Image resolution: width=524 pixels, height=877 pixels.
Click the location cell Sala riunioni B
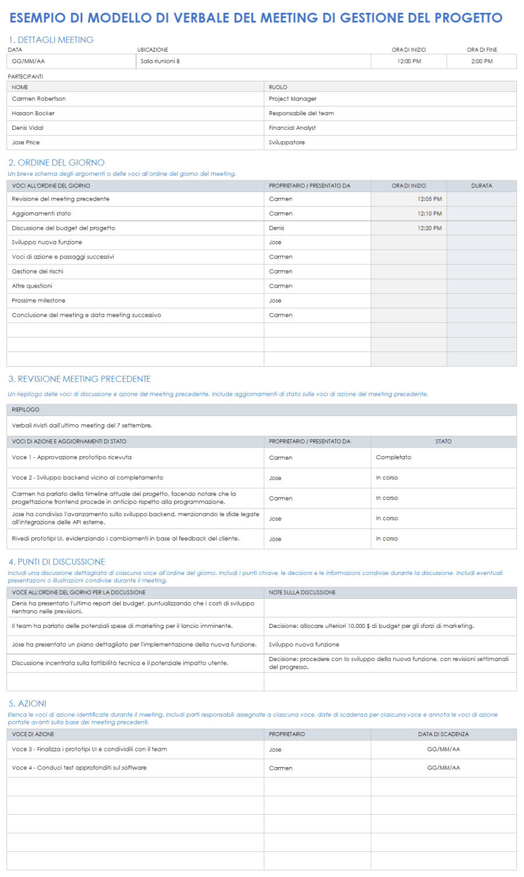tap(160, 61)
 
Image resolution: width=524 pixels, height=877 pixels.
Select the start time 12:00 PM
tap(409, 61)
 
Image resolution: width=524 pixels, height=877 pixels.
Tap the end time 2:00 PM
tap(481, 61)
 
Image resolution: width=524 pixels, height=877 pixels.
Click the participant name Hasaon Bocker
tap(33, 113)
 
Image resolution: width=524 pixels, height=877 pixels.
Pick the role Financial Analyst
tap(292, 128)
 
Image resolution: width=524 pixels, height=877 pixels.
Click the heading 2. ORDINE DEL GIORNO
tap(56, 163)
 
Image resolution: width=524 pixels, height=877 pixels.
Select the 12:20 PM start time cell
tap(429, 228)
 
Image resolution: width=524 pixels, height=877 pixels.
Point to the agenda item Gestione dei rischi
tap(37, 272)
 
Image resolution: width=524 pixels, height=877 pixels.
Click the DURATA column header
tap(481, 186)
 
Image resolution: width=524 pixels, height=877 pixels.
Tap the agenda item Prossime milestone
tap(38, 301)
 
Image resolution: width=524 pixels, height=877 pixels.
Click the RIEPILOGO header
tap(26, 410)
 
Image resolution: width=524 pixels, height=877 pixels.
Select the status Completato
tap(394, 457)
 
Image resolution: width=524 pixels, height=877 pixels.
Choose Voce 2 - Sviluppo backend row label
tap(87, 478)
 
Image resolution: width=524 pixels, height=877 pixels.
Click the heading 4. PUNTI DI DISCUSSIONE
tap(57, 562)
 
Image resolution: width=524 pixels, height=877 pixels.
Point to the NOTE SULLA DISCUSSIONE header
tap(302, 592)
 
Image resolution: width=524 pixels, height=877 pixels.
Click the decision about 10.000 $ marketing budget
tap(371, 626)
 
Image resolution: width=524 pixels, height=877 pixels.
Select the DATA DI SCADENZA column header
tap(443, 734)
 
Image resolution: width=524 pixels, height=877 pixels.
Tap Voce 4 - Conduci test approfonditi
tap(79, 768)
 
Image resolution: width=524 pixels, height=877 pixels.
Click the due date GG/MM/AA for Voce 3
tap(443, 750)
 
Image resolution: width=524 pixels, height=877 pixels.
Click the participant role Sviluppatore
tap(286, 143)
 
